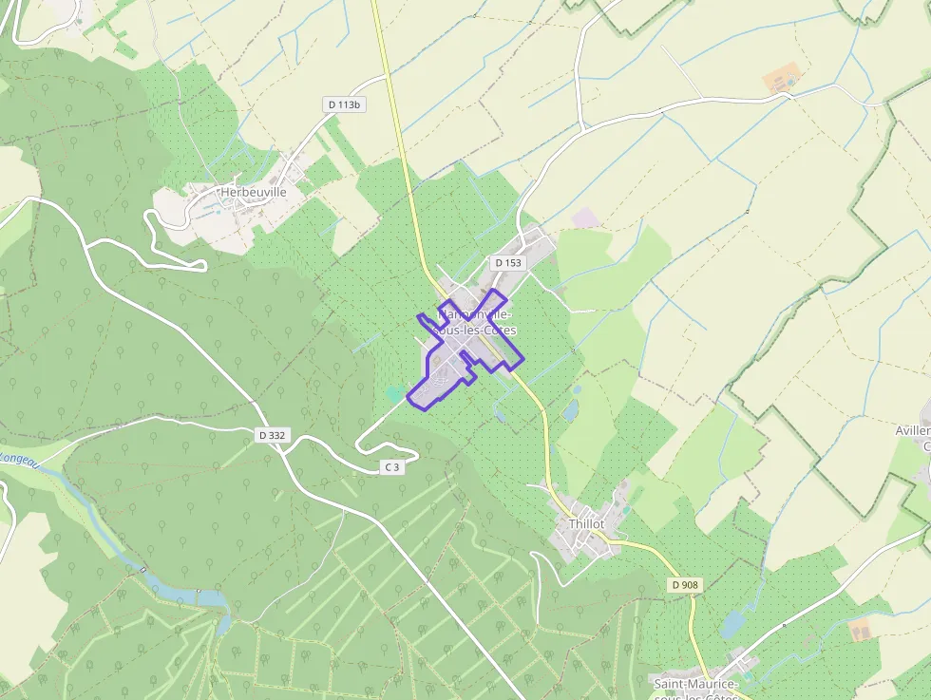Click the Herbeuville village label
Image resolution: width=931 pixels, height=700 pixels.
pos(253,192)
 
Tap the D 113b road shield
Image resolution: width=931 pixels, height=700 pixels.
pos(344,104)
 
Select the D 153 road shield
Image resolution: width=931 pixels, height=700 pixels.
pos(508,262)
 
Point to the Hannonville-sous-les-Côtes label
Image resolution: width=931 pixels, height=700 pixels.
pos(476,322)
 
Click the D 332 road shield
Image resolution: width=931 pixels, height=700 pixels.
pos(272,435)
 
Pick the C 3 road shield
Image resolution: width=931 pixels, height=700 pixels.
pos(390,466)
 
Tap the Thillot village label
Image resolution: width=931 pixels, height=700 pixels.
pos(586,523)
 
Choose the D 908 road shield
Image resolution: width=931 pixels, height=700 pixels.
pos(684,585)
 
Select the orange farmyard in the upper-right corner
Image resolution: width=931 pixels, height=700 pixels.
pos(781,80)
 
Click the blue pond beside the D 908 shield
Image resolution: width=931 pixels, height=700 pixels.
pos(732,624)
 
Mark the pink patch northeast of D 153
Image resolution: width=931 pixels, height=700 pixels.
pos(586,218)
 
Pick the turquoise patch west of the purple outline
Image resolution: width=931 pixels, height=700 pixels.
pos(394,392)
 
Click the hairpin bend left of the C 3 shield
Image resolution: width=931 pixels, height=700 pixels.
pos(360,445)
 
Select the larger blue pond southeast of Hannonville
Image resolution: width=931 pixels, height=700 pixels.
pos(570,410)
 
